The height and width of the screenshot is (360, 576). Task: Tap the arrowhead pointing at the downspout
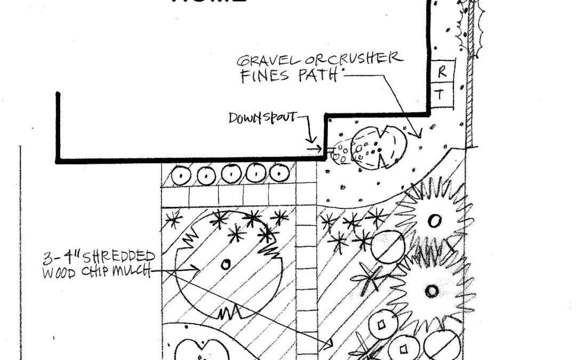click(x=319, y=150)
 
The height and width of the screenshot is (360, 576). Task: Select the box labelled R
click(x=441, y=70)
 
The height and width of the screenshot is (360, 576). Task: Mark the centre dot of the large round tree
click(x=226, y=263)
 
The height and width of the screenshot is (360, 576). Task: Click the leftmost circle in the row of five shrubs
click(x=181, y=174)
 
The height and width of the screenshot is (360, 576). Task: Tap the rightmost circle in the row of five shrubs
click(x=279, y=173)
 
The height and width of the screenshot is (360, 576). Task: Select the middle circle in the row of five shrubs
click(x=230, y=174)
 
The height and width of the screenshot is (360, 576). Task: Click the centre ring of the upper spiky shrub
click(x=435, y=220)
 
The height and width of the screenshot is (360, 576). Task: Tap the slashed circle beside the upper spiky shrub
click(x=388, y=247)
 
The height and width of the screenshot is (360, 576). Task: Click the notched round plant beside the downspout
click(x=380, y=148)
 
